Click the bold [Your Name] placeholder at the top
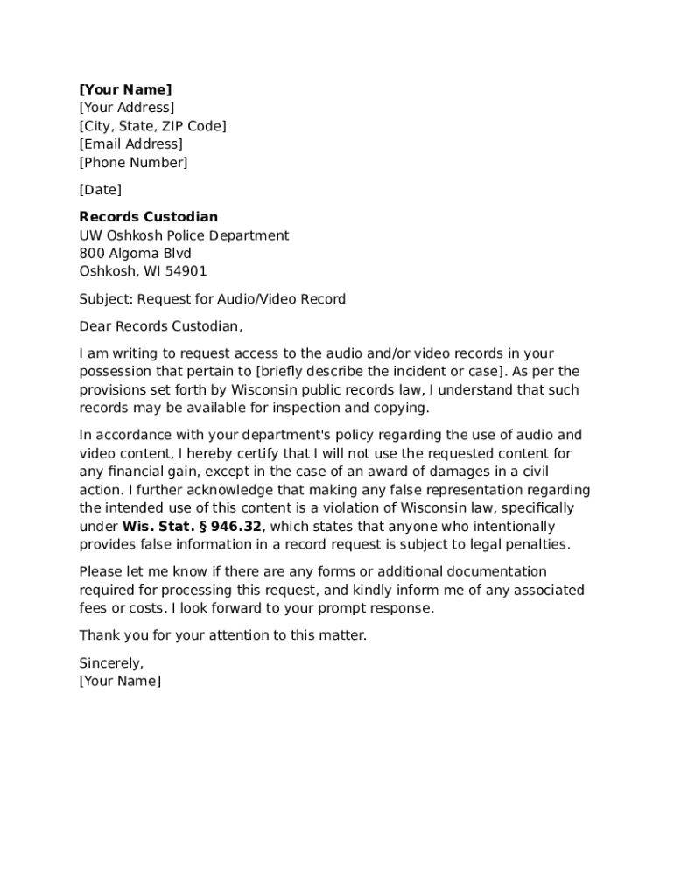pyautogui.click(x=125, y=89)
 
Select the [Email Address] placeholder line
pyautogui.click(x=130, y=143)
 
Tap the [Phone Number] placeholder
pyautogui.click(x=133, y=162)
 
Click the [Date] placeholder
pyautogui.click(x=100, y=190)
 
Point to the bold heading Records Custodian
pyautogui.click(x=149, y=217)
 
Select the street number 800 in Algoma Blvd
pyautogui.click(x=92, y=254)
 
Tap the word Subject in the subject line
pyautogui.click(x=105, y=299)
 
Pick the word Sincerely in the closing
pyautogui.click(x=111, y=663)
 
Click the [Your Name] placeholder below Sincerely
pyautogui.click(x=120, y=681)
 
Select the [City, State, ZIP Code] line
pyautogui.click(x=152, y=126)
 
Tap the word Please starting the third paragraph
pyautogui.click(x=101, y=572)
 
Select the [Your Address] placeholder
pyautogui.click(x=127, y=108)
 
